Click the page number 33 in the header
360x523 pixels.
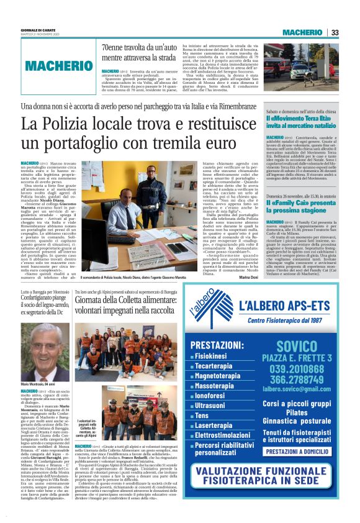pyautogui.click(x=335, y=32)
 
